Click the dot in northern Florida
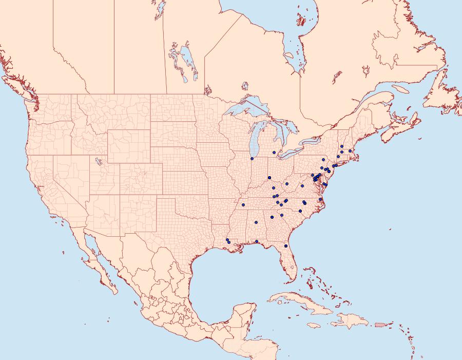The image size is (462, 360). pyautogui.click(x=286, y=247)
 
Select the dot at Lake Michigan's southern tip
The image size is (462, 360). pyautogui.click(x=252, y=159)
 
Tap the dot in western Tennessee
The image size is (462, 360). pyautogui.click(x=243, y=205)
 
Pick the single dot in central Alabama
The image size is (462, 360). pyautogui.click(x=256, y=222)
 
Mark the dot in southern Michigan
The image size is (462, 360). pyautogui.click(x=274, y=152)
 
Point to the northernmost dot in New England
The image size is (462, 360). pyautogui.click(x=342, y=146)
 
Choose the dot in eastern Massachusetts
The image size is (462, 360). pyautogui.click(x=350, y=151)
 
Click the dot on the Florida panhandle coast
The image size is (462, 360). pyautogui.click(x=256, y=241)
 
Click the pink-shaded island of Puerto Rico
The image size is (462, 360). pyautogui.click(x=380, y=324)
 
